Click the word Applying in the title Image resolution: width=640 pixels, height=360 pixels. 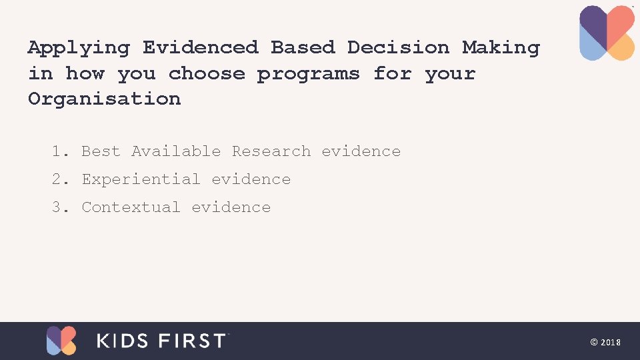click(x=79, y=48)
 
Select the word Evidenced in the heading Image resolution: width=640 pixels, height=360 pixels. click(x=200, y=48)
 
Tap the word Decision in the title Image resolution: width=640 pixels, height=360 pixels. click(x=398, y=48)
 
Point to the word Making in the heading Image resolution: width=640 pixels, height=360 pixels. click(x=501, y=48)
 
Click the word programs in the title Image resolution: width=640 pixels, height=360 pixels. click(x=308, y=73)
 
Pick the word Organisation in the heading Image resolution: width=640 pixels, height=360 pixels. click(x=104, y=99)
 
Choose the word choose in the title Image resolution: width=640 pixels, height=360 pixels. click(x=207, y=73)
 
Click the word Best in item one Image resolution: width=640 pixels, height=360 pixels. click(x=101, y=151)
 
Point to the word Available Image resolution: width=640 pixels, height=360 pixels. click(x=176, y=151)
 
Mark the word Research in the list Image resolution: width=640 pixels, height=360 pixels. click(x=271, y=151)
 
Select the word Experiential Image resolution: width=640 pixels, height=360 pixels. click(x=141, y=179)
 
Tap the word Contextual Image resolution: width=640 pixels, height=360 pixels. click(x=131, y=207)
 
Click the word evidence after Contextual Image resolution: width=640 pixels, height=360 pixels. click(x=231, y=207)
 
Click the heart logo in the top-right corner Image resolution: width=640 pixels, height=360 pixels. click(x=607, y=33)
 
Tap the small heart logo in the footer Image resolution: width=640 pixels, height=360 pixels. click(x=61, y=341)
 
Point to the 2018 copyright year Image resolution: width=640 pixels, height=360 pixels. click(x=611, y=342)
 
